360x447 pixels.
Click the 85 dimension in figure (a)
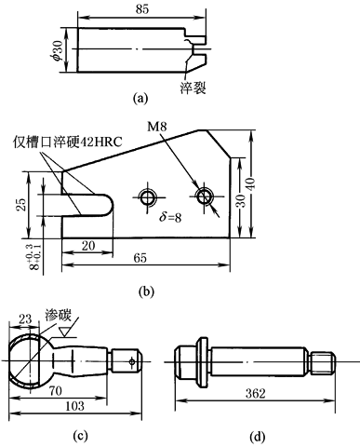point(142,9)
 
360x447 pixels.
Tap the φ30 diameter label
point(58,49)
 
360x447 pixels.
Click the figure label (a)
point(140,99)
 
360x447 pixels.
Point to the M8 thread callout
point(156,127)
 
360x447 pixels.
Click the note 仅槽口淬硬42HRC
point(67,142)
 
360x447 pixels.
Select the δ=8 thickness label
point(170,217)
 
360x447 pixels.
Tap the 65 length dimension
point(140,258)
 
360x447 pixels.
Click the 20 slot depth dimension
point(88,246)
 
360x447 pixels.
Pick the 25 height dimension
point(22,204)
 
